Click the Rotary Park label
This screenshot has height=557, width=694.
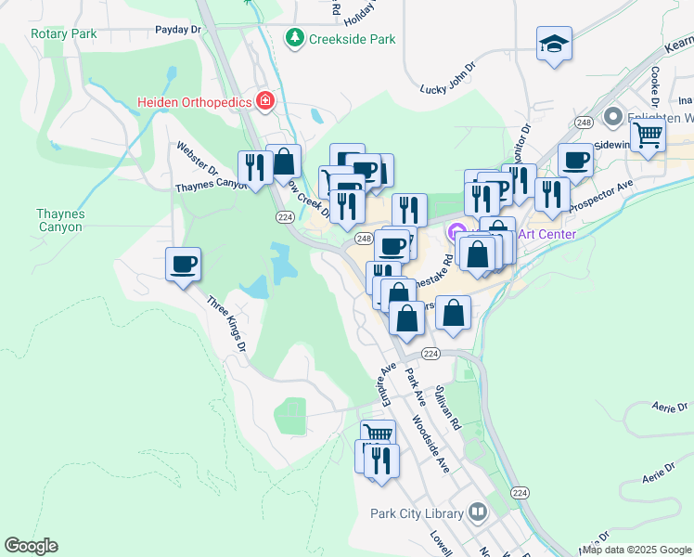tap(63, 33)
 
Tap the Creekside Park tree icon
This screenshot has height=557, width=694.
tap(294, 38)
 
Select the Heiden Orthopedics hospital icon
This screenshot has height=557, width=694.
tap(265, 100)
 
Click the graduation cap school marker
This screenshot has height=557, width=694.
tap(554, 44)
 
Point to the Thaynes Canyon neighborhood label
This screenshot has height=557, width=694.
tap(60, 220)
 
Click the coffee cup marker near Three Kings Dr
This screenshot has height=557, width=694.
tap(183, 264)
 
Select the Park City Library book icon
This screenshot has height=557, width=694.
tap(478, 512)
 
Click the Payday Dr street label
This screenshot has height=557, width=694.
tap(178, 30)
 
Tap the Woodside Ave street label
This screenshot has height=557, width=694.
tap(431, 443)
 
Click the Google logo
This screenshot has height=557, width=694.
tap(31, 546)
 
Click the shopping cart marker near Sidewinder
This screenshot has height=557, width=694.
tap(648, 136)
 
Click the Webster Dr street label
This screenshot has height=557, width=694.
tap(198, 159)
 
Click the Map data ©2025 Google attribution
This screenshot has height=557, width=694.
tap(636, 550)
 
